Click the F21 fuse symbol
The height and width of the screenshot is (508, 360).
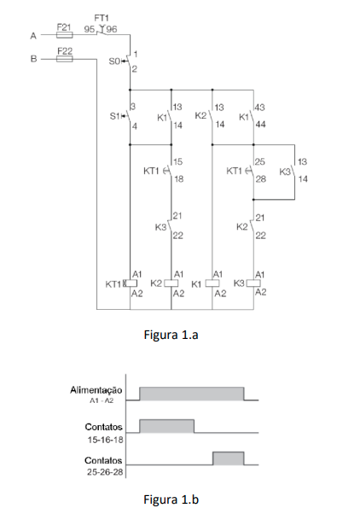pos(65,35)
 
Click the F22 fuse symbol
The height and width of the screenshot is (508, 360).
pos(65,59)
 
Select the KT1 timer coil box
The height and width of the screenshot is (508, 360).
pos(131,283)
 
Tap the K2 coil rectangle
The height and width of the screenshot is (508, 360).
pos(171,283)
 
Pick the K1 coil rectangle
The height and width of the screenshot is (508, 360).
pos(212,283)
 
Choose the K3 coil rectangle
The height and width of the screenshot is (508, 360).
pos(253,283)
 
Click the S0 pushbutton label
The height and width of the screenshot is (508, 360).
pos(114,61)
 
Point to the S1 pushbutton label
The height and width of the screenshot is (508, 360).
pos(114,116)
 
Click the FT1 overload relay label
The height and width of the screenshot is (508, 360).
pos(101,18)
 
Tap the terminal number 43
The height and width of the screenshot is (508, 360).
pos(259,108)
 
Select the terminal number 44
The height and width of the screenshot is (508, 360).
pos(260,125)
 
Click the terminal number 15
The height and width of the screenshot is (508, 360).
pos(177,161)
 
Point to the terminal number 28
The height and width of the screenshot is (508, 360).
pos(260,178)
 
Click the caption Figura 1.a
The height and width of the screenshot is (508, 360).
pos(171,335)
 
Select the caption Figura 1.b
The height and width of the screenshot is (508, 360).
pos(171,499)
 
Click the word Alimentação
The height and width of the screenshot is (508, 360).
pos(96,389)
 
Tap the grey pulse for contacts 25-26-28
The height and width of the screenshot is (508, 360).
pos(229,458)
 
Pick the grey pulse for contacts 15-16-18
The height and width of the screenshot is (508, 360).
pos(167,426)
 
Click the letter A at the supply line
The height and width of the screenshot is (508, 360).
pos(33,36)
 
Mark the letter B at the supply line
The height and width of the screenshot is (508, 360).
pos(33,59)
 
